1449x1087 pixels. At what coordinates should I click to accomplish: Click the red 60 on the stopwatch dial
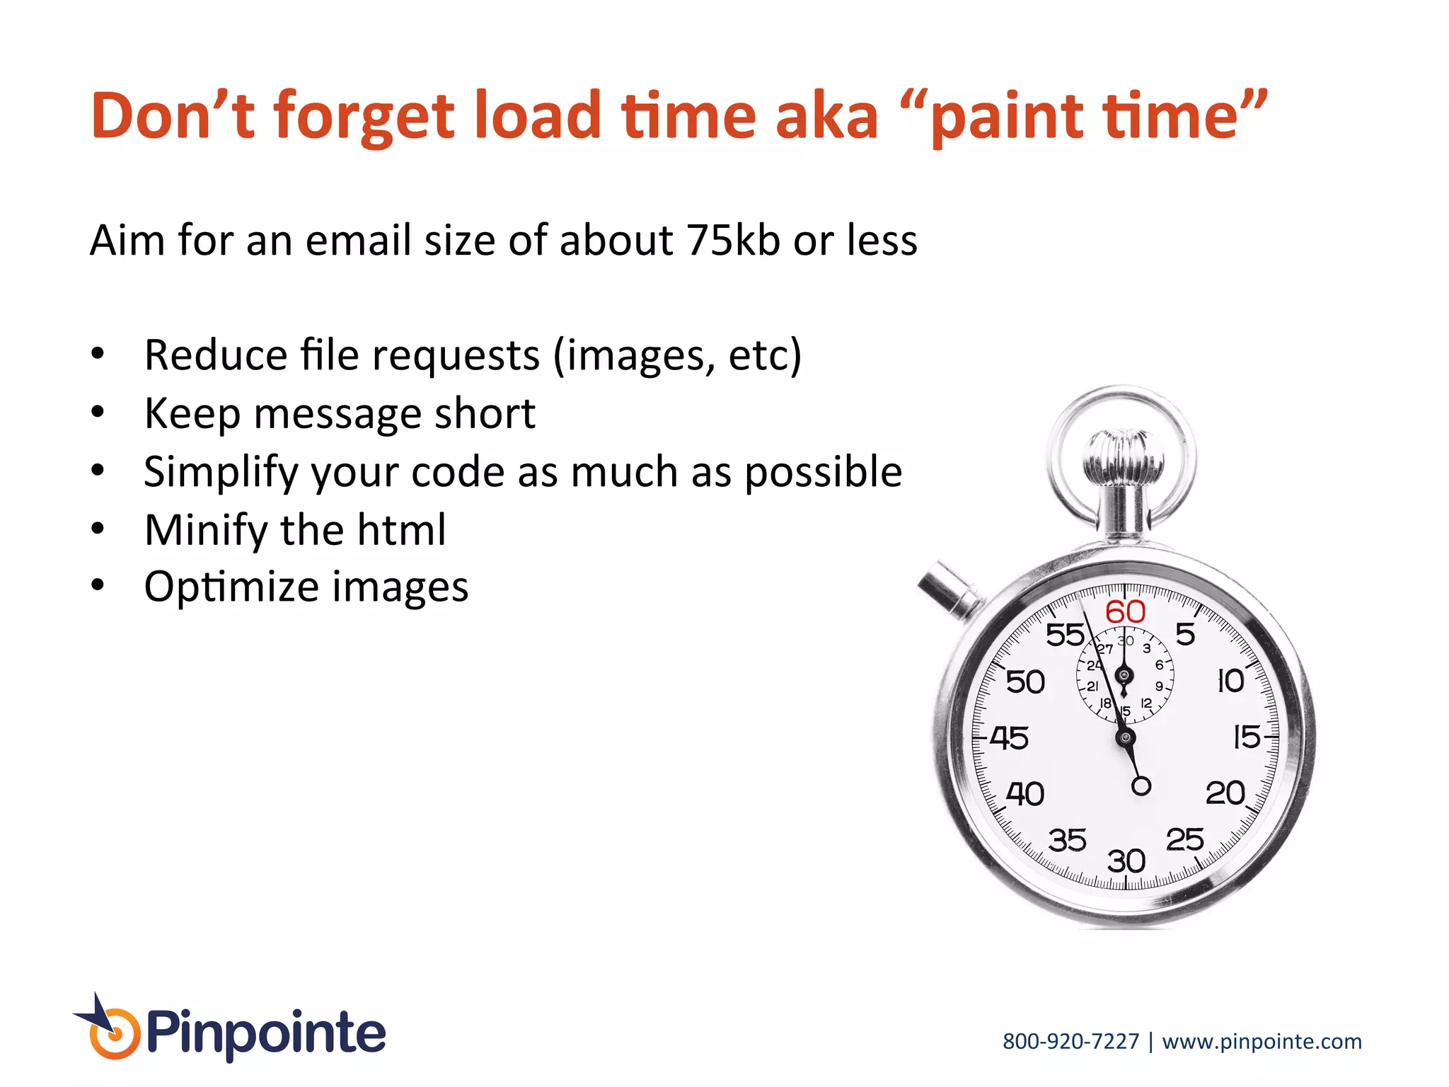pos(1125,612)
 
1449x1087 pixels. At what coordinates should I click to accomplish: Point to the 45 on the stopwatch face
pos(1009,738)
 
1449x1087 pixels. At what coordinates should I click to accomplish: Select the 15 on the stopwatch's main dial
pos(1247,737)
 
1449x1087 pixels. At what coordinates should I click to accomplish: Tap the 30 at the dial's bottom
pos(1126,861)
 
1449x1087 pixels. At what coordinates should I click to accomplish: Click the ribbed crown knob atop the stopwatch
pos(1123,457)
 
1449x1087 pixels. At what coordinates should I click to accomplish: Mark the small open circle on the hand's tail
pos(1141,786)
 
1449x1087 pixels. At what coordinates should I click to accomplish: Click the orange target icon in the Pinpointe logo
pos(113,1035)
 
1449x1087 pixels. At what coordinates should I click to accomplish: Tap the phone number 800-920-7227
pos(1070,1042)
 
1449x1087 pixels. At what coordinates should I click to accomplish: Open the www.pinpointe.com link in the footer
pos(1262,1042)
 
